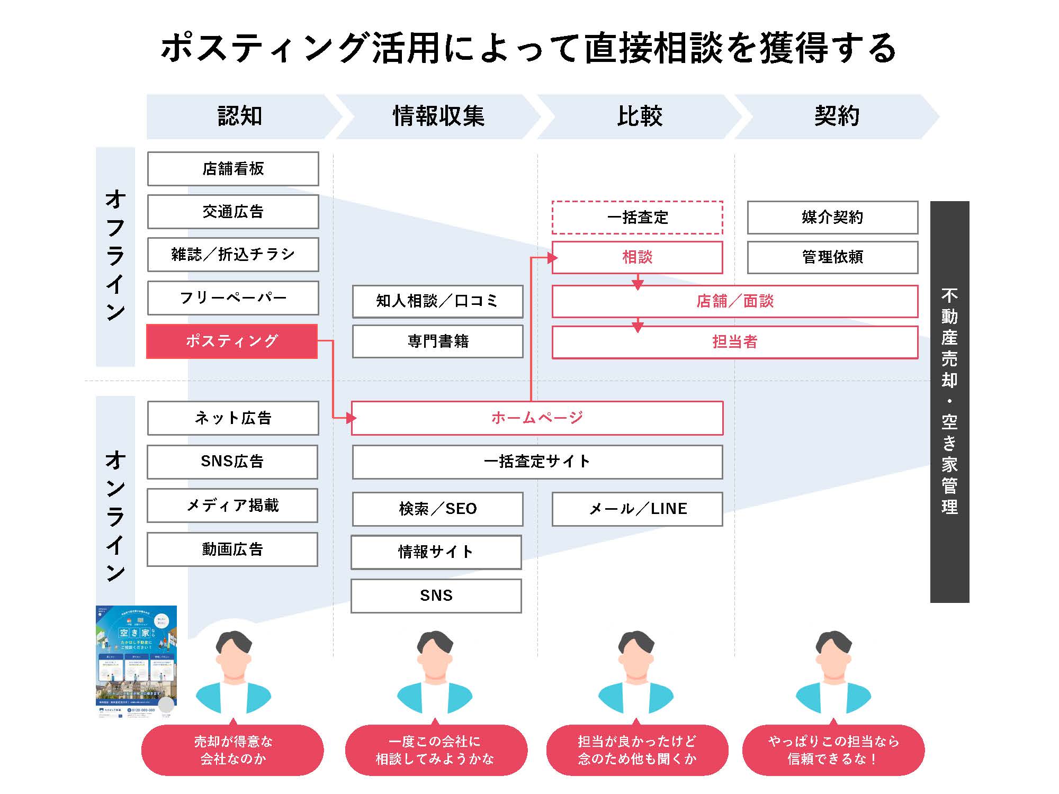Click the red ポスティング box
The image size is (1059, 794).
[x=232, y=341]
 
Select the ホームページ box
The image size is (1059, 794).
[x=537, y=418]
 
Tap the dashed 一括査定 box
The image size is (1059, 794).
[x=637, y=218]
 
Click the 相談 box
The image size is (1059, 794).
[x=637, y=258]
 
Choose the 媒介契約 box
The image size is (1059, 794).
[x=832, y=218]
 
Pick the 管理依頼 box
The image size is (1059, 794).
[x=832, y=258]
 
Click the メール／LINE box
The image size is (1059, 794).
[x=637, y=509]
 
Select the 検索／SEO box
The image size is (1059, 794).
[x=437, y=509]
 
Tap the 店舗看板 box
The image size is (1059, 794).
[x=233, y=169]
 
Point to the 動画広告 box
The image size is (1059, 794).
[x=232, y=549]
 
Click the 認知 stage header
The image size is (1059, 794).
[x=240, y=116]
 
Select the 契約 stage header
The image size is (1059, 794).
[x=837, y=116]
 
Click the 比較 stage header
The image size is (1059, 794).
[x=639, y=116]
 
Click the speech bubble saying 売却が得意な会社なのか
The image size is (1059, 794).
[x=232, y=750]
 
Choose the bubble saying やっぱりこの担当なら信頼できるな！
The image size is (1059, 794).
[x=833, y=750]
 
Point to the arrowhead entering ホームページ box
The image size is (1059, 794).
[x=351, y=418]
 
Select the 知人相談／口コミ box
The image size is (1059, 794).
[x=437, y=301]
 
